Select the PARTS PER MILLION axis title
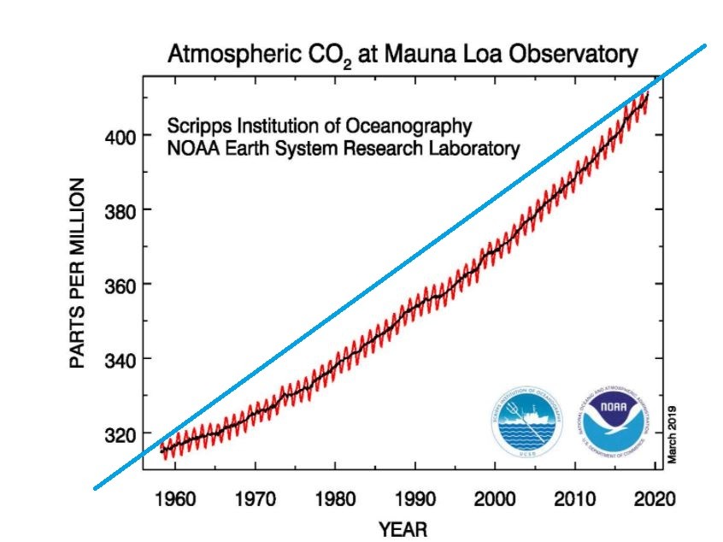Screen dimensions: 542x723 77,274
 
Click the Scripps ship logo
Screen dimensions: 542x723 528,420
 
